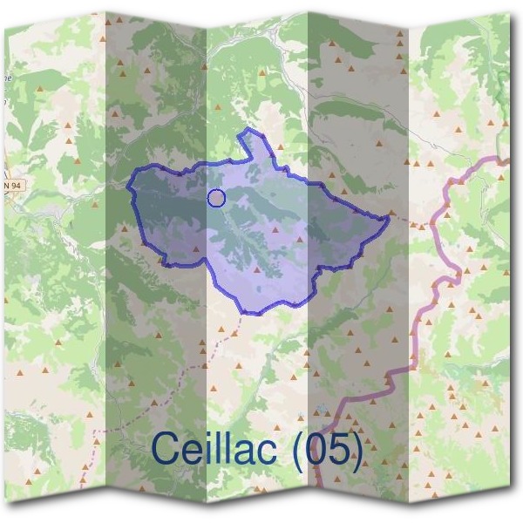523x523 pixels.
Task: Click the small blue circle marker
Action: pos(217,199)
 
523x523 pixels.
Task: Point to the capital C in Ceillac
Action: pos(166,449)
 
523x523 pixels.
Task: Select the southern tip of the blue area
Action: pos(253,313)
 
